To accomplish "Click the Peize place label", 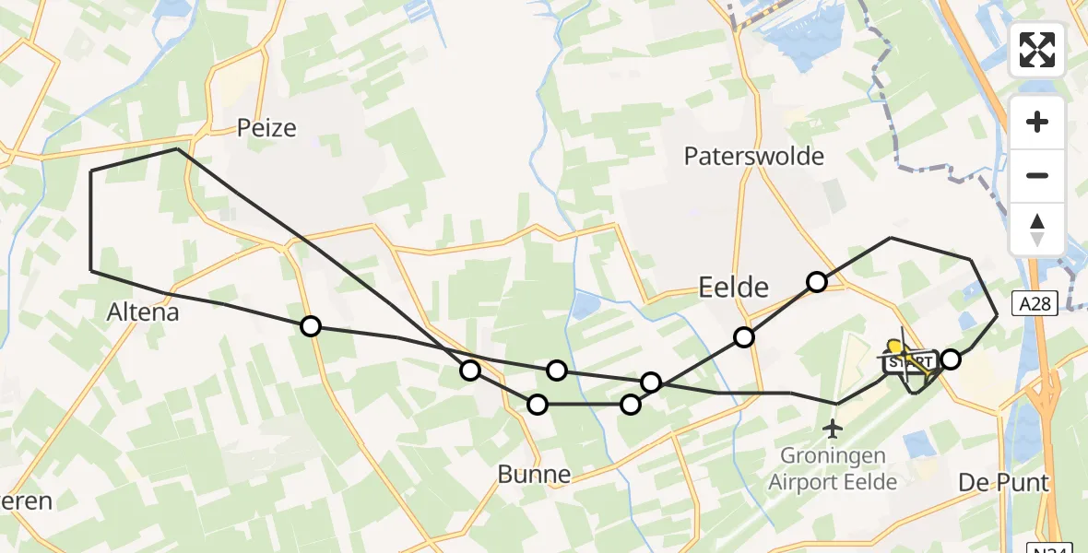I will click(266, 127).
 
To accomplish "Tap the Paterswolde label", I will click(753, 156).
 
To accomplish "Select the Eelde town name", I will click(734, 288).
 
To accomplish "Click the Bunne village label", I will click(534, 475).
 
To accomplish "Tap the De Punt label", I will click(1003, 482).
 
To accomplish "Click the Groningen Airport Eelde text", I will click(833, 468).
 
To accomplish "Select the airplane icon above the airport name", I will click(834, 429).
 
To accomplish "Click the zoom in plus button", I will click(1037, 122).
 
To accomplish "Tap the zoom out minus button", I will click(1037, 175).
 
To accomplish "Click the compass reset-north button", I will click(1037, 229).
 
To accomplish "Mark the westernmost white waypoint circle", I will click(311, 325).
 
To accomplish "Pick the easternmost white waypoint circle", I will click(951, 359).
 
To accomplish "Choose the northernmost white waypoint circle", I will click(817, 282).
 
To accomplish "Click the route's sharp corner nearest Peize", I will click(176, 148).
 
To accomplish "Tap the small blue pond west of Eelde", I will click(585, 306).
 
